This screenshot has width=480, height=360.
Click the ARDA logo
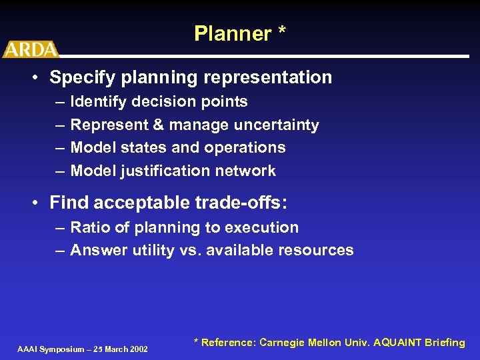click(31, 49)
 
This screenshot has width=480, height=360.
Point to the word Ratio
click(90, 227)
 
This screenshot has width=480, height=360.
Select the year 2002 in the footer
click(137, 349)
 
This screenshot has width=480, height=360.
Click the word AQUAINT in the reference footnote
click(399, 343)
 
